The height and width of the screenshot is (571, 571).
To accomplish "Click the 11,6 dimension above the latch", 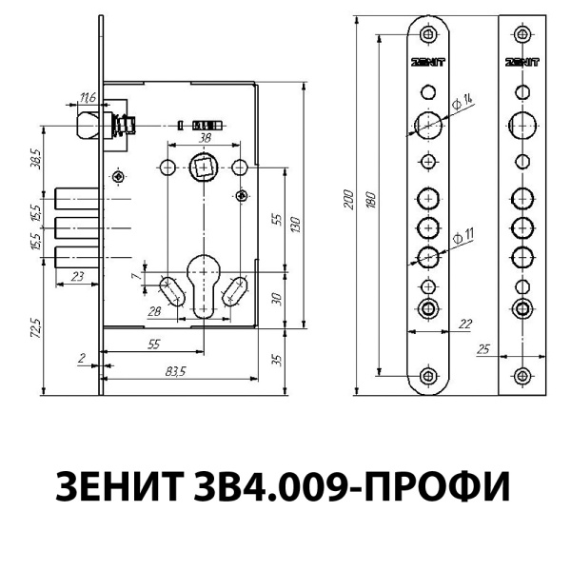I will tap(88, 98).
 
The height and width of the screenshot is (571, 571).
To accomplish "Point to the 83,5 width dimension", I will tap(173, 371).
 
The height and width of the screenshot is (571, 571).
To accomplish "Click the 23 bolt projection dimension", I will tap(77, 275).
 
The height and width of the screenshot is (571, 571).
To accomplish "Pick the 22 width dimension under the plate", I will tap(465, 325).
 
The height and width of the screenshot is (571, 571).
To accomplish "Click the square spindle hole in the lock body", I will tap(204, 168).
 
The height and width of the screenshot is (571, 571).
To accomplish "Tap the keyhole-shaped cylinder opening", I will tap(204, 283).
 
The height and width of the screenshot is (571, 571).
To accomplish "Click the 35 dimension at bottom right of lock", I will tap(277, 360).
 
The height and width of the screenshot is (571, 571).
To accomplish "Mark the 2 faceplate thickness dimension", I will tap(84, 360).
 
